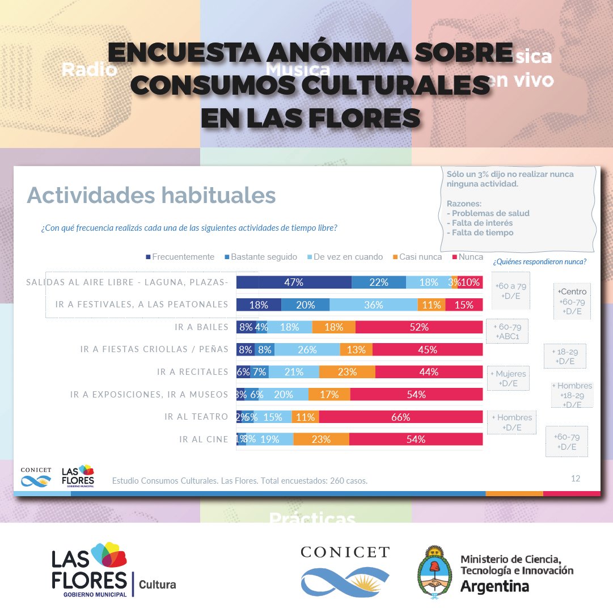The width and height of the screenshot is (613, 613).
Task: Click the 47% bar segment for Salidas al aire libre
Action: tap(294, 282)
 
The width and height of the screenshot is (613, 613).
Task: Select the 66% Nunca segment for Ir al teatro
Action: tap(400, 417)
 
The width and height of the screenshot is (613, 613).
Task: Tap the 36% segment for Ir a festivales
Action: tap(374, 305)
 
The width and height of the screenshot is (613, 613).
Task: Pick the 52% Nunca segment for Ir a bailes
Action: tap(418, 327)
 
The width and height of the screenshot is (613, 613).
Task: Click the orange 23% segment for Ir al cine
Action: tap(321, 439)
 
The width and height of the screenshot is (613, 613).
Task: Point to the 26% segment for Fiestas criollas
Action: tap(307, 349)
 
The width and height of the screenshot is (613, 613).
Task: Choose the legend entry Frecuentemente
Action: tap(180, 257)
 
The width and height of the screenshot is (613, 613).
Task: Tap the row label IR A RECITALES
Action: tap(192, 372)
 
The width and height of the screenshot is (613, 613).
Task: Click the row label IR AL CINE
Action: tap(204, 439)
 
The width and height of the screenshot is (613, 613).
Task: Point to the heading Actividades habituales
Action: tap(151, 195)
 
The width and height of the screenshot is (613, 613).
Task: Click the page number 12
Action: tap(575, 479)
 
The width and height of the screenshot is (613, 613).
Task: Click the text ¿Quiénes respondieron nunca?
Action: tap(539, 261)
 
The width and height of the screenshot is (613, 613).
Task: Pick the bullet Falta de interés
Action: tap(479, 223)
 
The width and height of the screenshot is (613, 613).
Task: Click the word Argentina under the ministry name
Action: tap(494, 586)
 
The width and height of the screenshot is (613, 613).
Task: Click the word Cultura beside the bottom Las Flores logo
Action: tap(157, 584)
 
